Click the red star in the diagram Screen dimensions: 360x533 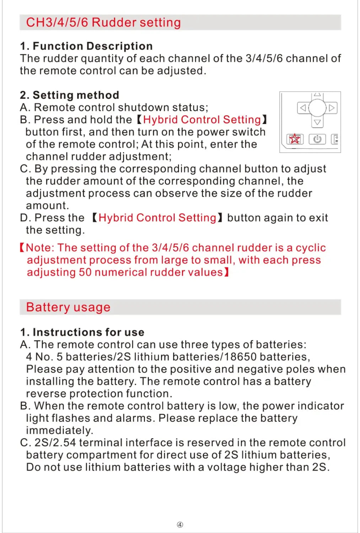pos(295,139)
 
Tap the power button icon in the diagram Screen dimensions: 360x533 pos(317,139)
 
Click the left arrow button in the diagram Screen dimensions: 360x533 pos(303,108)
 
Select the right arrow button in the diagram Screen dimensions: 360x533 pos(332,108)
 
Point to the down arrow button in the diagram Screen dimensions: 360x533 pos(317,122)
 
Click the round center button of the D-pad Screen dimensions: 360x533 pos(317,108)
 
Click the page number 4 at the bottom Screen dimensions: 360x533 pos(180,524)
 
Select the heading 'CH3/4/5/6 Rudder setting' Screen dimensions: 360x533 pos(103,22)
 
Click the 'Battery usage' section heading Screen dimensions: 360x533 pos(68,307)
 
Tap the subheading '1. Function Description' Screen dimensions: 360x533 pos(86,46)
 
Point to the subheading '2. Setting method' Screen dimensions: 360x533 pos(70,95)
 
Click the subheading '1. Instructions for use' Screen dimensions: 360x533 pos(82,332)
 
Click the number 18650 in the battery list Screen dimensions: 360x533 pos(240,357)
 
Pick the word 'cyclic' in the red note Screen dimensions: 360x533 pos(311,248)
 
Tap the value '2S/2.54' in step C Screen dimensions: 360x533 pos(55,443)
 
